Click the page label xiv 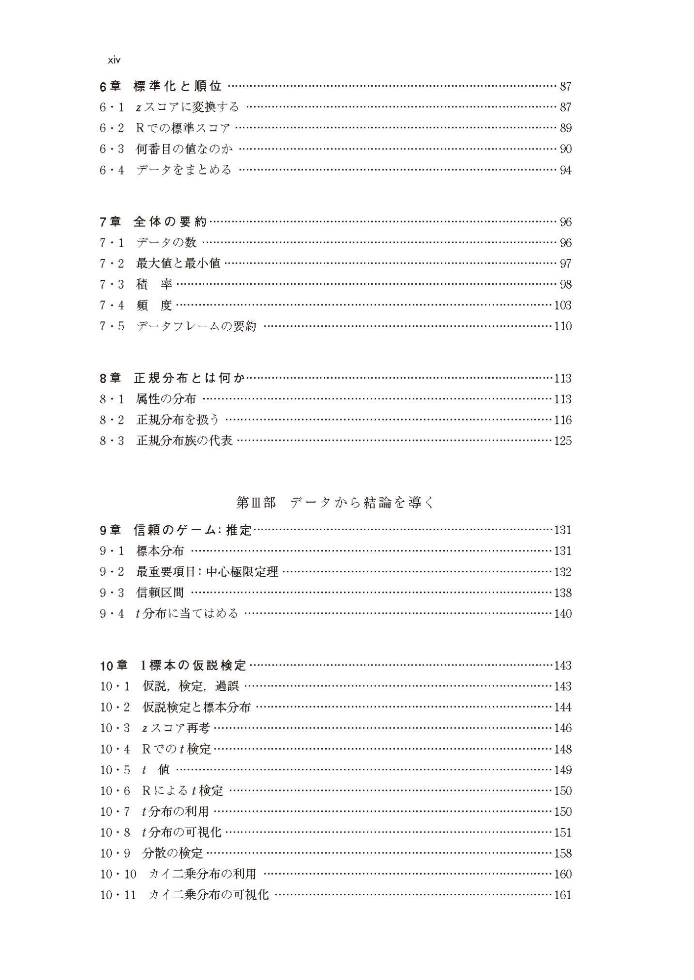click(x=114, y=61)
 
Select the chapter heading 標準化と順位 click(x=177, y=87)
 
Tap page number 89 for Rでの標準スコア click(x=565, y=128)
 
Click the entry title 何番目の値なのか click(x=185, y=149)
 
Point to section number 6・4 click(x=112, y=170)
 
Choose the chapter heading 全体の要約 click(x=170, y=222)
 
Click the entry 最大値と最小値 click(x=178, y=264)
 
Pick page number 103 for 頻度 click(x=562, y=305)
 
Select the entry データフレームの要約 click(x=196, y=326)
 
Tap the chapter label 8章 click(x=110, y=378)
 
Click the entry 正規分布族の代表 click(x=185, y=441)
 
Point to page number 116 click(x=562, y=420)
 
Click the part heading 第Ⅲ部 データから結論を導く click(x=335, y=503)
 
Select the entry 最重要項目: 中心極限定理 click(x=207, y=572)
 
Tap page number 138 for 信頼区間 click(x=562, y=593)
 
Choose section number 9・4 click(x=112, y=613)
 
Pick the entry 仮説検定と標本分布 click(x=196, y=707)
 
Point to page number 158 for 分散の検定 click(x=562, y=853)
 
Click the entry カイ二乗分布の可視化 click(x=209, y=895)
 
